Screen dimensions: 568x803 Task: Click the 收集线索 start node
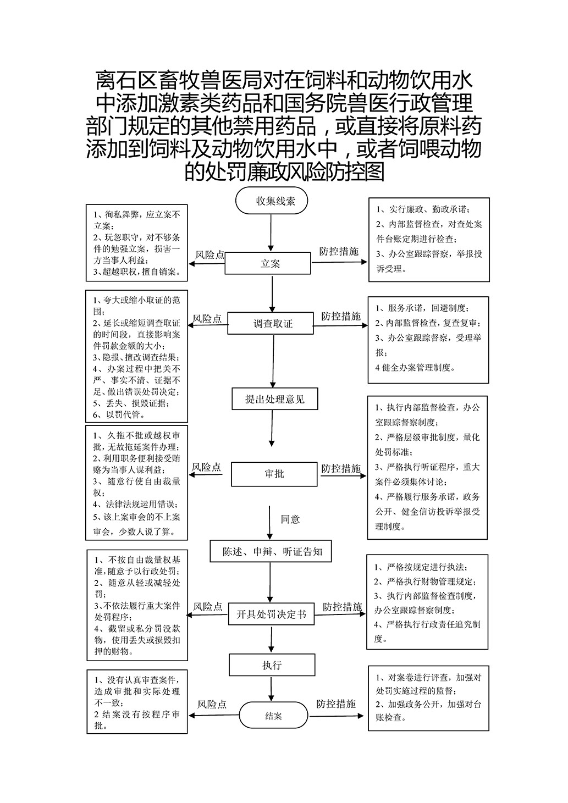272,201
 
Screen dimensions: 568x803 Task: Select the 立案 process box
268,263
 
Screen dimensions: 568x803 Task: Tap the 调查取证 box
271,323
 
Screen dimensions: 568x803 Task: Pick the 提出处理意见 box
275,398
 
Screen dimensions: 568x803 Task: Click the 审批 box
274,474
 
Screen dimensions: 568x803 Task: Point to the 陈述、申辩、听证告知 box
271,551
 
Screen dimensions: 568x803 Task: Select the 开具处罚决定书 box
271,614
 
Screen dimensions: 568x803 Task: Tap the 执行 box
272,665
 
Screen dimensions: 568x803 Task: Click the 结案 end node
273,716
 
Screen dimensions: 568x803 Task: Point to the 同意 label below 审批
290,519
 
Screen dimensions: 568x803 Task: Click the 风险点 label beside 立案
210,255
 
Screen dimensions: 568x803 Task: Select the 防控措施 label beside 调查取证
341,316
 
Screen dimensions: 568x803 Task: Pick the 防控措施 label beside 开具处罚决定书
342,607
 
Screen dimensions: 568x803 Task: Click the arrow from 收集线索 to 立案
271,233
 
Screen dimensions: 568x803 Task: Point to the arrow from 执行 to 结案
271,689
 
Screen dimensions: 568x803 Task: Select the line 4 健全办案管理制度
415,368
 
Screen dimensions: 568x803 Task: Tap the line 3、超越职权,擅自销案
136,272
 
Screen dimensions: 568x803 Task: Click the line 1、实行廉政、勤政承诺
423,209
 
